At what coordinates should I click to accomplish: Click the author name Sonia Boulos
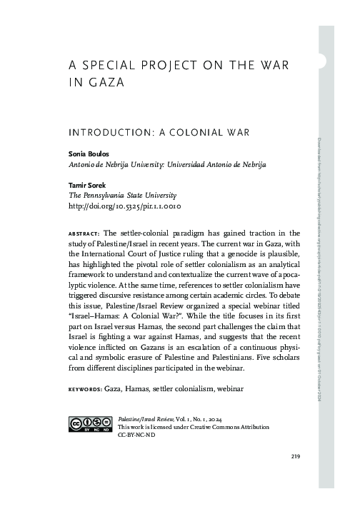[x=87, y=153]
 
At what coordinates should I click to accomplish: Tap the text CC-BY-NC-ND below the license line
[x=136, y=434]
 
